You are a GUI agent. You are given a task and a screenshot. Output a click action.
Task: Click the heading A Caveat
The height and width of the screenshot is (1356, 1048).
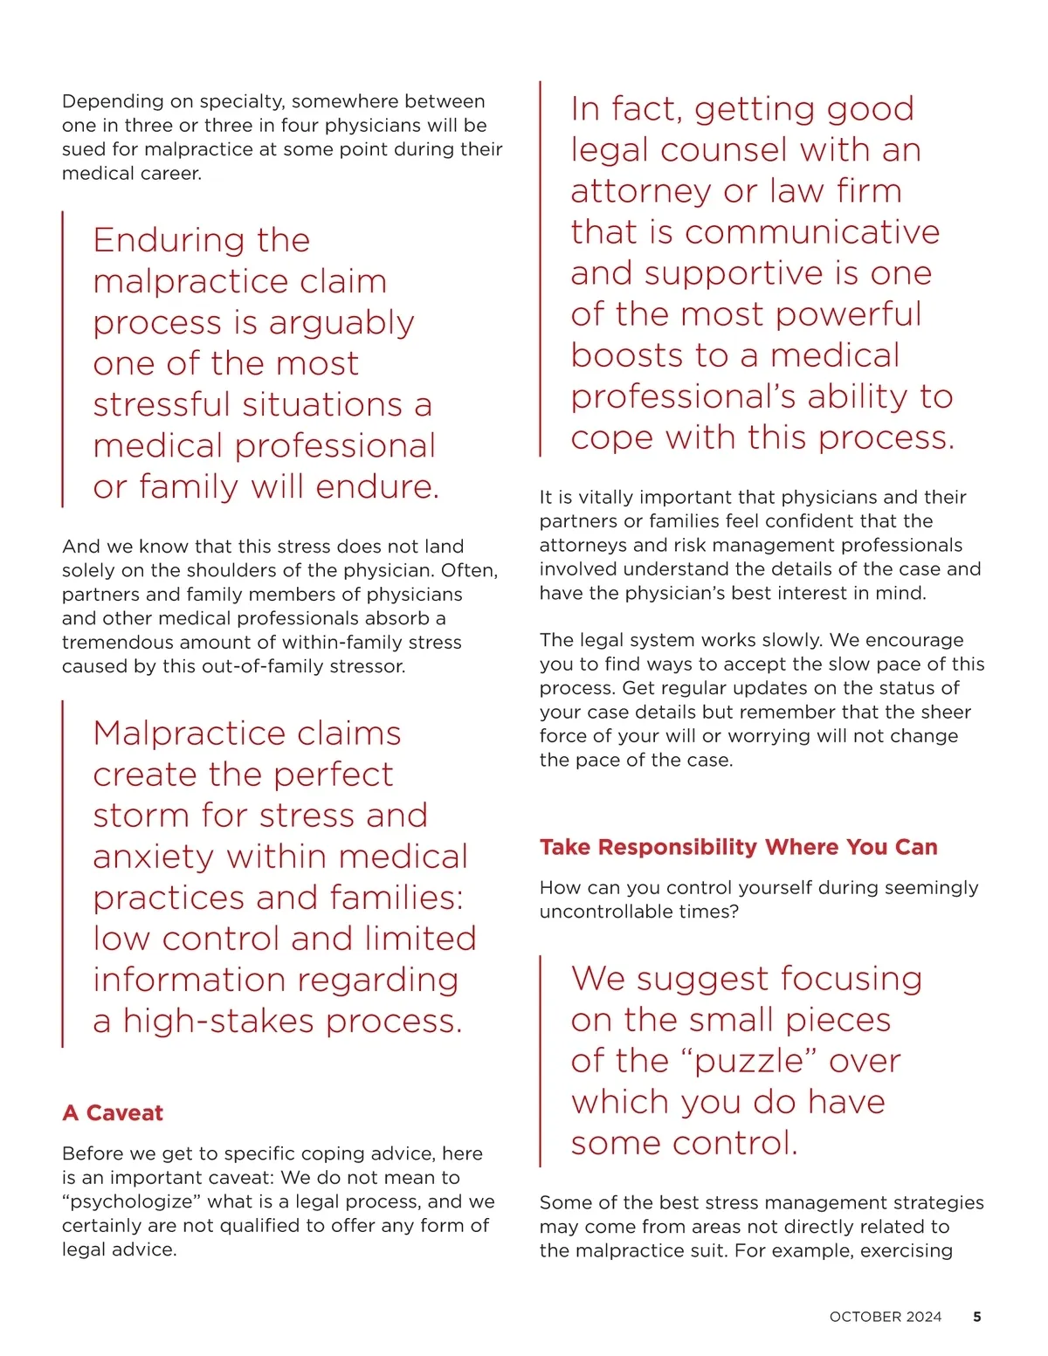point(113,1112)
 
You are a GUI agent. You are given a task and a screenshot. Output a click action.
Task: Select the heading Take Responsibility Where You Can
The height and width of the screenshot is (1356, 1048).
point(738,847)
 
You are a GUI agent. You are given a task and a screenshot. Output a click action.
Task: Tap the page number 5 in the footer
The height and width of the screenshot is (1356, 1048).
point(976,1317)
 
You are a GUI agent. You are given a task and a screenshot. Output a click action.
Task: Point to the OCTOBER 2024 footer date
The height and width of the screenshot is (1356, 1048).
point(885,1317)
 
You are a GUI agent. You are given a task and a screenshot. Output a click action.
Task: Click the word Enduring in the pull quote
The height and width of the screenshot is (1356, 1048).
point(158,240)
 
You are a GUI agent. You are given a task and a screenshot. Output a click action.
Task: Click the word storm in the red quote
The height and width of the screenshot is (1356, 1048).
point(141,816)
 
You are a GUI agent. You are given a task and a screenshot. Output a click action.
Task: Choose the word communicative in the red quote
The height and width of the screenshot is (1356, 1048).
point(812,232)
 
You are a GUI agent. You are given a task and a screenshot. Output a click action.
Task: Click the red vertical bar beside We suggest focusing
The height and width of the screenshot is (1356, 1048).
point(541,1061)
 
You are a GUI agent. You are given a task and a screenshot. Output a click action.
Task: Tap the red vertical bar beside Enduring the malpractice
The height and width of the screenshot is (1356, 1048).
point(63,359)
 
